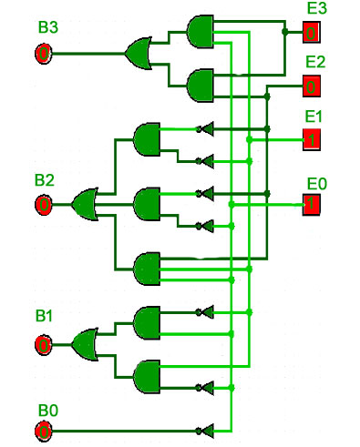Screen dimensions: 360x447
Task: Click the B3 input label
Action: tap(48, 27)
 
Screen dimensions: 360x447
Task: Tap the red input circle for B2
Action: tap(44, 205)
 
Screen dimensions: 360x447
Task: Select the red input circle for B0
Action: tap(44, 431)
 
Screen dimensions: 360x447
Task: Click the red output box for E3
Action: tap(311, 32)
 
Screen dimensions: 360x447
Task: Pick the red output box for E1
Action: tap(311, 139)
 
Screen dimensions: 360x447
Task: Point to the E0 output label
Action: tap(317, 184)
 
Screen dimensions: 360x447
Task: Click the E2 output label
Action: tap(315, 62)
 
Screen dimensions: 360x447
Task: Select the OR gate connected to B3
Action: tap(139, 54)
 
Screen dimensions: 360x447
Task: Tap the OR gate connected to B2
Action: tap(85, 204)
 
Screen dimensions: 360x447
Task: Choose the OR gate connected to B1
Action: tap(85, 344)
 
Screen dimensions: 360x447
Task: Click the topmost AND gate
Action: tap(201, 32)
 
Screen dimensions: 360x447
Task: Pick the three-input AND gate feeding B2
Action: tap(147, 269)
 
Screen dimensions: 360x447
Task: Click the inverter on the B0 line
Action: tap(206, 431)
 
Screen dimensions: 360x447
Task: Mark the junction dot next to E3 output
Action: tap(284, 32)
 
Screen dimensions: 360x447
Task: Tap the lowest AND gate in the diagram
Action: tap(147, 377)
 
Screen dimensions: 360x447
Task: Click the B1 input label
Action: tap(44, 316)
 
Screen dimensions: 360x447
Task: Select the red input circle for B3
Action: tap(44, 54)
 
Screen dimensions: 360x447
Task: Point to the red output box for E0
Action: tap(311, 205)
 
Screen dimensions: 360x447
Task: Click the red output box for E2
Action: tap(311, 86)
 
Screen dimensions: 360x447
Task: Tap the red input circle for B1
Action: tap(44, 345)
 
